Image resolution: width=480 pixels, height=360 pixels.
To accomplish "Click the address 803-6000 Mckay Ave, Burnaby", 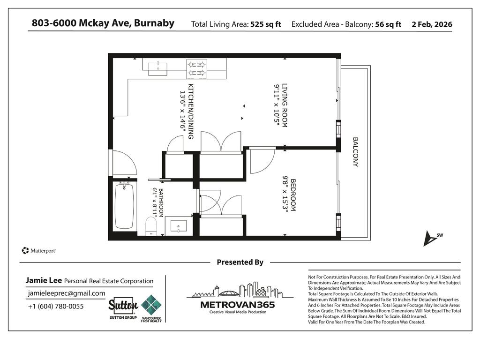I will point(103,23).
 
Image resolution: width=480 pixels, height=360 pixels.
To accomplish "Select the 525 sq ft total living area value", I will point(265,24).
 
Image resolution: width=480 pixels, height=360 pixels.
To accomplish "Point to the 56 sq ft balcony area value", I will point(388,24).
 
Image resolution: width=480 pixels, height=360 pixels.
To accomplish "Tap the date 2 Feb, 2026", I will point(432,24).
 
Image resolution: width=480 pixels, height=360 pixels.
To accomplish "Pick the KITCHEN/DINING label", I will point(187,111).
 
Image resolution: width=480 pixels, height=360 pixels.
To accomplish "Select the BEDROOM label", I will point(290,195).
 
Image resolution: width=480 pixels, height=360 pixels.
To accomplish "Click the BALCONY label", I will point(355,152).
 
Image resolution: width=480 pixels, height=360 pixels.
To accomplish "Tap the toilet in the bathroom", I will point(151,227).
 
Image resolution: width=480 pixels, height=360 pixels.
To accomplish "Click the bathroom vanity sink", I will point(178,227).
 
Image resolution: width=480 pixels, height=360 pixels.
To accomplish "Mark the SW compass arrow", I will point(429,238).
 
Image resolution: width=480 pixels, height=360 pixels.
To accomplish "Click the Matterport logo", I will point(39,251).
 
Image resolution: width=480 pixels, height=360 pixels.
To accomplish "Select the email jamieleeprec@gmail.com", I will point(67,293).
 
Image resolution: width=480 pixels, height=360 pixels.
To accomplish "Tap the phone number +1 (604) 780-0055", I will point(56,307).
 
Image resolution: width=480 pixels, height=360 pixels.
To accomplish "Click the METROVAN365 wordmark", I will point(238,304).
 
